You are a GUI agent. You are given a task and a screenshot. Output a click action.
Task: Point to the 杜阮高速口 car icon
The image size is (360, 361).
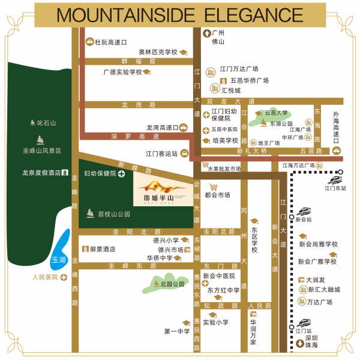click(x=90, y=42)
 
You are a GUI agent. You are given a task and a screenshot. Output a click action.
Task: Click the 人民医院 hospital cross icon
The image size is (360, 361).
click(x=63, y=277)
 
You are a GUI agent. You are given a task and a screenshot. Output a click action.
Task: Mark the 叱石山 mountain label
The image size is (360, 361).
click(x=46, y=124)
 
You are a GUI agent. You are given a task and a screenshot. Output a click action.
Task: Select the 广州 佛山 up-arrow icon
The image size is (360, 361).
click(x=205, y=34)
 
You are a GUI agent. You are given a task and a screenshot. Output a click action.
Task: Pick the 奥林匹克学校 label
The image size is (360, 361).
click(x=158, y=52)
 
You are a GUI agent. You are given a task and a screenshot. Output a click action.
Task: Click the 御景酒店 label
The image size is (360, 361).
click(x=103, y=249)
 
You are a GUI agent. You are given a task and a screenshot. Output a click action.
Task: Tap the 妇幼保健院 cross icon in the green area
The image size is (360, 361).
click(x=122, y=174)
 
